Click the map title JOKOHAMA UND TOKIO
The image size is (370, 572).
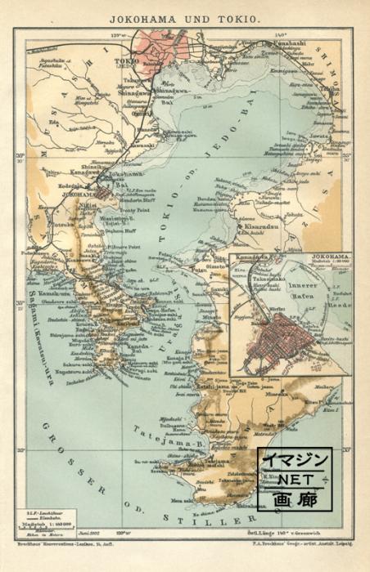[184, 15]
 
